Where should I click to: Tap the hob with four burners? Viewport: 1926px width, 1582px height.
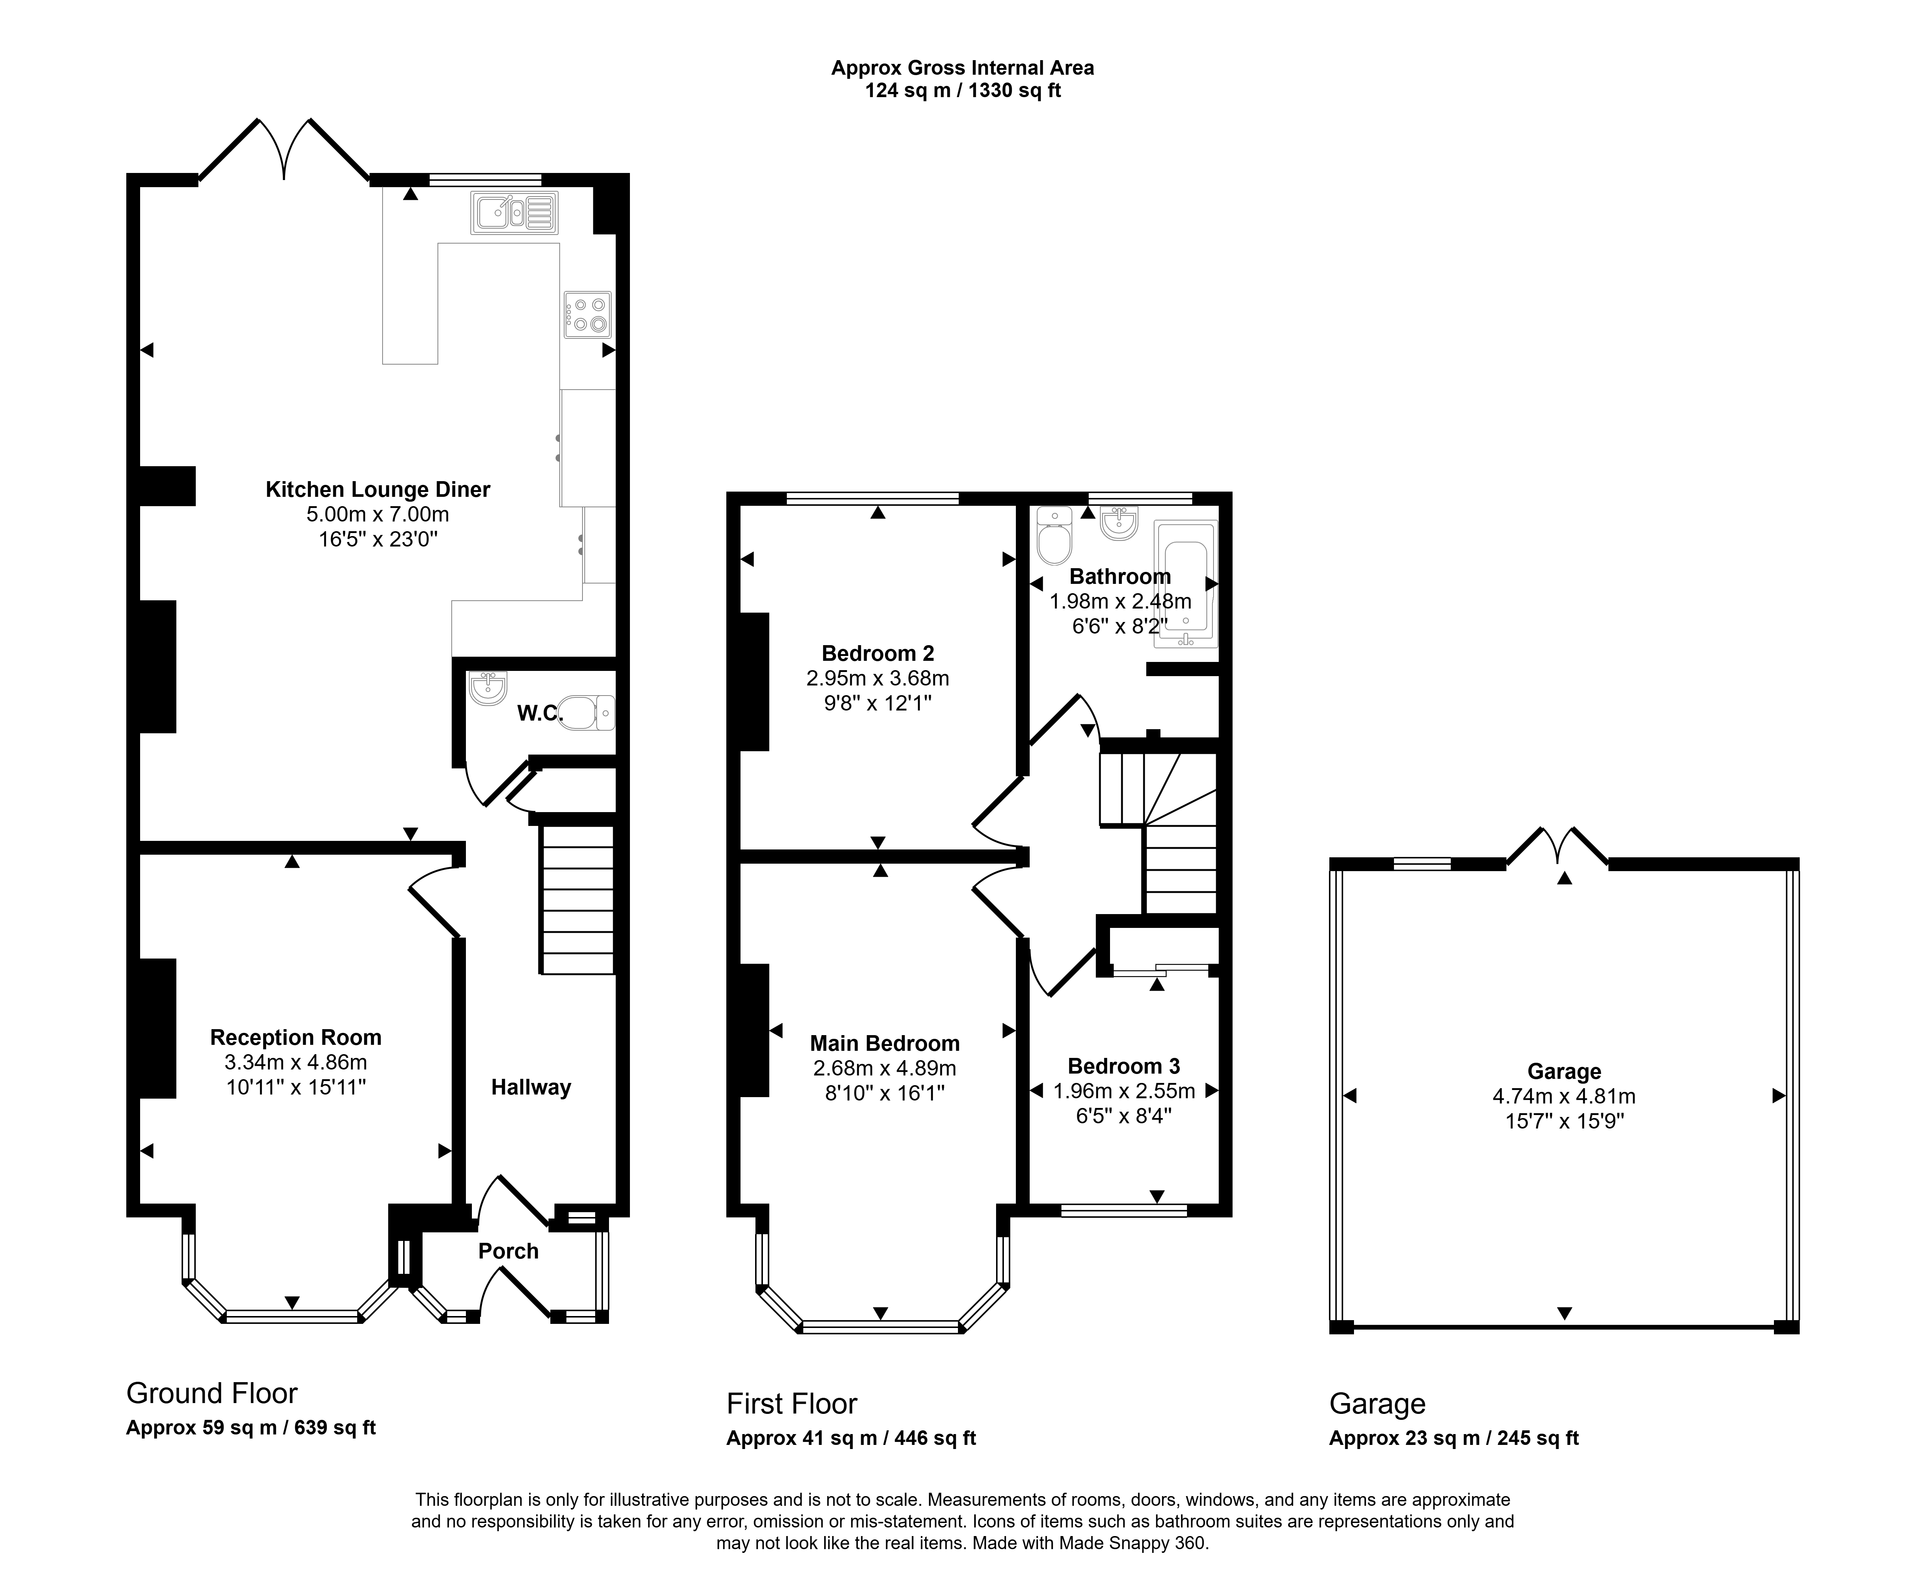(587, 315)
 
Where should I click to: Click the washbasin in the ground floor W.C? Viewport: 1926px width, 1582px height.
(488, 688)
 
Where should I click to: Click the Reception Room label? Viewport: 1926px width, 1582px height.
(295, 1037)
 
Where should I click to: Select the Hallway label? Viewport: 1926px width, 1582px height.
(531, 1087)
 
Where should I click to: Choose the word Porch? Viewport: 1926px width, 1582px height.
(508, 1251)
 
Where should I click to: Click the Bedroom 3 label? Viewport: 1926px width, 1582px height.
(1124, 1066)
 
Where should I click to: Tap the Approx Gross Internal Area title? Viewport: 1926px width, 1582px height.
(962, 68)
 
